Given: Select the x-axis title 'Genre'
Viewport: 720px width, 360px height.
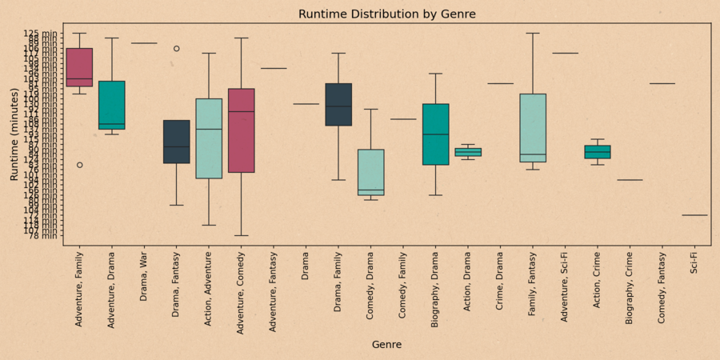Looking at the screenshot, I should (x=387, y=345).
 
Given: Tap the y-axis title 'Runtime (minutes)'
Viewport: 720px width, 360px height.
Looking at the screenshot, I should (x=14, y=134).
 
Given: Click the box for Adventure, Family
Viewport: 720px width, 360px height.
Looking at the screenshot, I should (x=79, y=67).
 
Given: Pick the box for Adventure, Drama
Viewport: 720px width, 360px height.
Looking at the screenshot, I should (x=112, y=105).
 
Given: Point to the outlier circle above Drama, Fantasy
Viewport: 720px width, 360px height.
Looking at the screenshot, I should (x=177, y=49).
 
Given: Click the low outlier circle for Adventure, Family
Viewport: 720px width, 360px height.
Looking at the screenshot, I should (x=79, y=165).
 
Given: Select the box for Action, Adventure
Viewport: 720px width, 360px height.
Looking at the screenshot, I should (x=209, y=138).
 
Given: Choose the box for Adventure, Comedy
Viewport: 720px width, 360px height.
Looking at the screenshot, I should (x=242, y=130).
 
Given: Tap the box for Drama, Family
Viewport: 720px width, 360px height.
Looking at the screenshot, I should (x=338, y=105).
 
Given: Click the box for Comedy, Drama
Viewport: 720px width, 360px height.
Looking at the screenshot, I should (x=371, y=172).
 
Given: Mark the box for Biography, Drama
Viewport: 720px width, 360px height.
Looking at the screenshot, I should (x=436, y=134).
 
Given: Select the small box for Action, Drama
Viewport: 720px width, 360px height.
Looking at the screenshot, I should (x=468, y=152).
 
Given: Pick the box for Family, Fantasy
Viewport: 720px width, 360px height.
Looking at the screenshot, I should (x=533, y=128).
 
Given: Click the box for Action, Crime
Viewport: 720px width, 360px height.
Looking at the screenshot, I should (x=598, y=152).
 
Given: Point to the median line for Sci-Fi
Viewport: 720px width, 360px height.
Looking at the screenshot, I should (x=694, y=215).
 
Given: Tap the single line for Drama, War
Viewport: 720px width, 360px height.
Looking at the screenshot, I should (x=144, y=43).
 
